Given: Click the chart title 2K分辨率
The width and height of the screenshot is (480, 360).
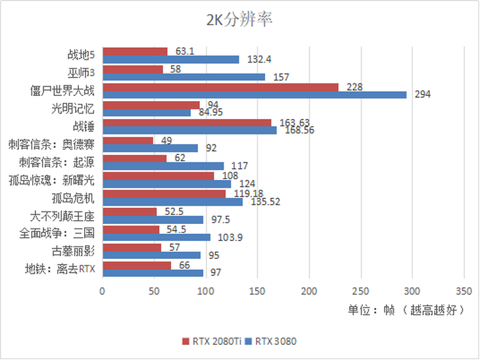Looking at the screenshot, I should pyautogui.click(x=239, y=20).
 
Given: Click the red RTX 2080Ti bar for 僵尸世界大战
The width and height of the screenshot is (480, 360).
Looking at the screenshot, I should pyautogui.click(x=221, y=87).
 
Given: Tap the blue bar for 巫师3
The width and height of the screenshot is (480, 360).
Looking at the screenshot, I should pyautogui.click(x=184, y=77).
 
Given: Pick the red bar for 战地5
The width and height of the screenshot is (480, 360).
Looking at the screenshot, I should pyautogui.click(x=135, y=51).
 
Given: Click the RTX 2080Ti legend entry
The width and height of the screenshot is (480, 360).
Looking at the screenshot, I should pyautogui.click(x=213, y=341).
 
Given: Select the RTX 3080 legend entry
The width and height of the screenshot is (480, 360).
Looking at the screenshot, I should pyautogui.click(x=274, y=341).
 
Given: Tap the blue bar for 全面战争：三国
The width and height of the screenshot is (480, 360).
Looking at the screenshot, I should pyautogui.click(x=156, y=237).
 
